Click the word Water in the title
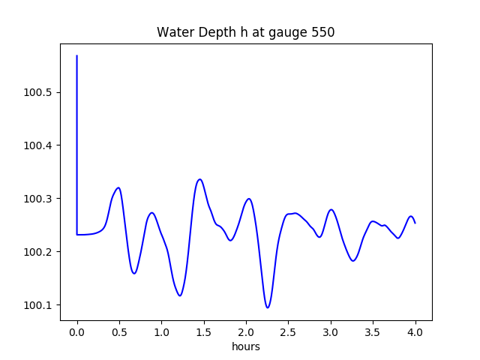[x=172, y=33]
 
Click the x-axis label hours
[x=246, y=347]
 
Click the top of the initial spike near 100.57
[x=77, y=55]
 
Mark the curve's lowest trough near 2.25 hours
[x=268, y=307]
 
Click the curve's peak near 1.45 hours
[x=199, y=179]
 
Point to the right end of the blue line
[x=415, y=223]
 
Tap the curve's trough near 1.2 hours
[x=180, y=295]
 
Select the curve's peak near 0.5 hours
[x=118, y=187]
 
